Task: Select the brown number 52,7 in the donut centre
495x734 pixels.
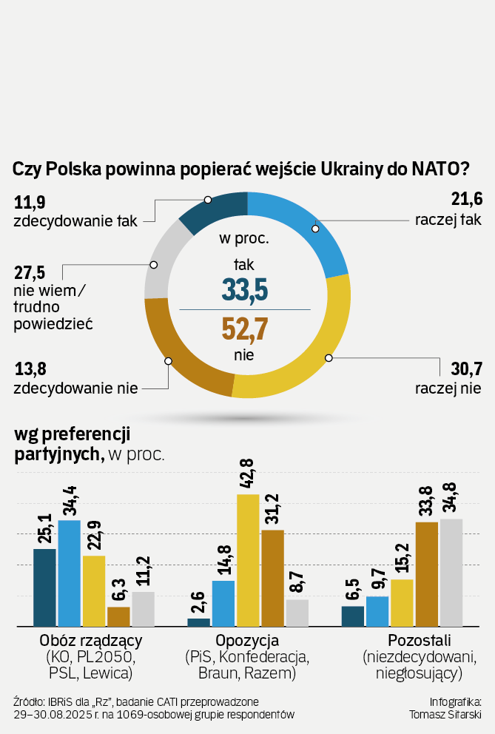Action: [x=244, y=329]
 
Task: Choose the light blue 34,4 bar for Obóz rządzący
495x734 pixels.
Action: [x=70, y=573]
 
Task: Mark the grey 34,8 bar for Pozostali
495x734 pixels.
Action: [x=451, y=573]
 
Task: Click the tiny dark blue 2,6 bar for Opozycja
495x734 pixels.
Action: [x=199, y=622]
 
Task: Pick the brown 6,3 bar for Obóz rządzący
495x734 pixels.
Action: [x=118, y=617]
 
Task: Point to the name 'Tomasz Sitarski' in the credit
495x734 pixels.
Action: [x=445, y=714]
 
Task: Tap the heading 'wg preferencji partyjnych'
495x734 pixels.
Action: [x=73, y=442]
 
